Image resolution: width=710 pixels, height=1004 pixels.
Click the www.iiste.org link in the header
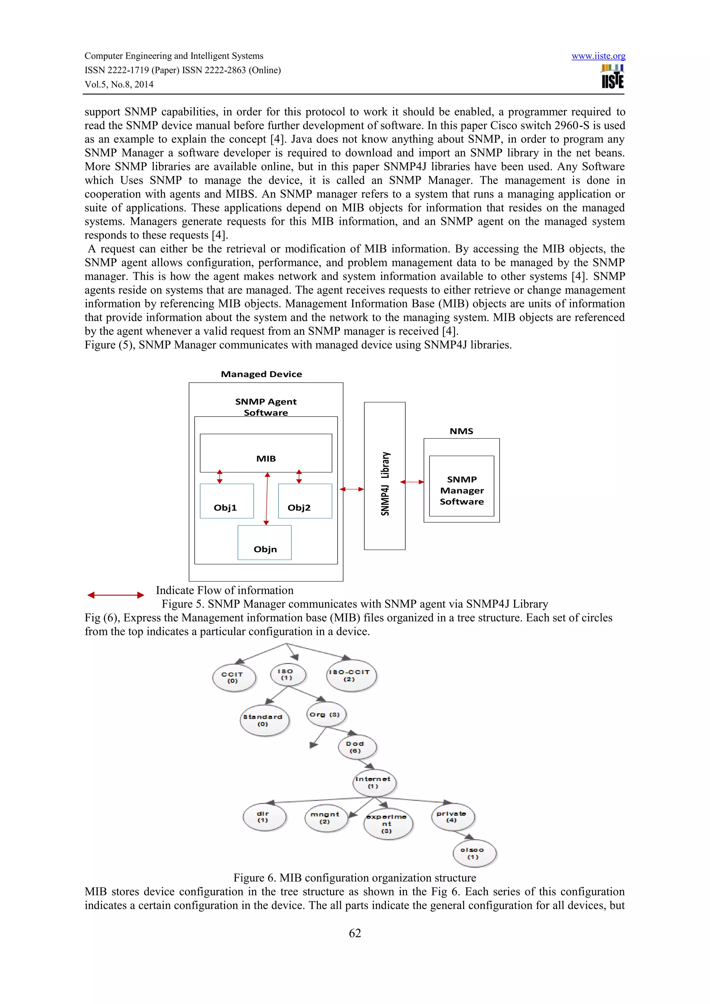coord(598,56)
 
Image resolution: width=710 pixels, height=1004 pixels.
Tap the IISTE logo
coord(613,77)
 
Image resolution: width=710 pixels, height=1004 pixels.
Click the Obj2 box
coord(305,501)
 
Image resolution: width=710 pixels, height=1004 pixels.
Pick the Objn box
coord(265,543)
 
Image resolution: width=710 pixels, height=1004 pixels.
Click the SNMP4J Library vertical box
coord(384,476)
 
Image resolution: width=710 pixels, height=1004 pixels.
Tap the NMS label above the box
coord(461,431)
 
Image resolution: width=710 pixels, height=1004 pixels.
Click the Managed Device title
coord(261,374)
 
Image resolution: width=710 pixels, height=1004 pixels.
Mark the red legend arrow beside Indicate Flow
coord(115,595)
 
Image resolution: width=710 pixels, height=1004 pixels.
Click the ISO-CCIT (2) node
coord(351,675)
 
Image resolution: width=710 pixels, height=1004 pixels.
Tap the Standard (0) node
coord(264,720)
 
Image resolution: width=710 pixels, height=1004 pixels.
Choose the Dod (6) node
coord(357,747)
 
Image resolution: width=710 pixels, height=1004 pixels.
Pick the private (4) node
coord(452,817)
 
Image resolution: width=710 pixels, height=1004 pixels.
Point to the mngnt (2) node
coord(326,818)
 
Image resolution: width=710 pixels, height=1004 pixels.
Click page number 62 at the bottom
coord(355,933)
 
